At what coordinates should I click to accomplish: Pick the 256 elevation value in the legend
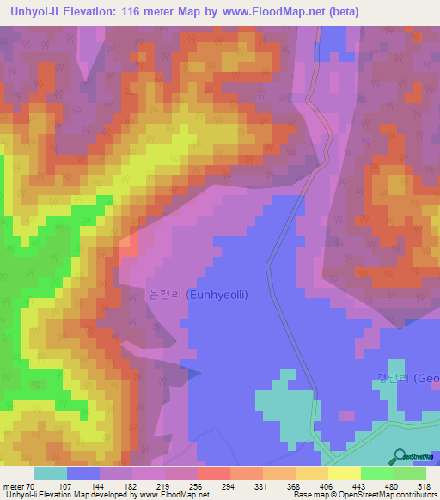coord(197,486)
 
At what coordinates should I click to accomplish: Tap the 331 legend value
coord(262,486)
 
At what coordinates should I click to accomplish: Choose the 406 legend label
coord(327,486)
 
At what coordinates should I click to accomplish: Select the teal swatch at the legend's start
coord(51,473)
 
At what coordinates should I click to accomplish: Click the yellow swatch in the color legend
coord(344,473)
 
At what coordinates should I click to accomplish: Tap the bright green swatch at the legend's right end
coord(409,473)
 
